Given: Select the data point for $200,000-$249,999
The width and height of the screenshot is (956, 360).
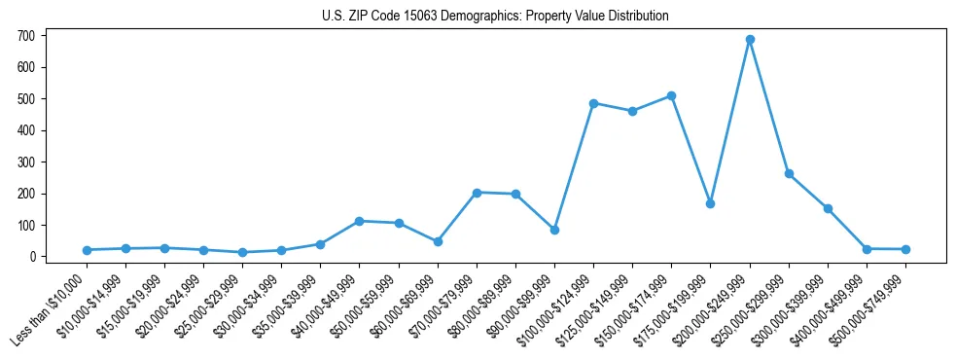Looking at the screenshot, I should (x=750, y=40).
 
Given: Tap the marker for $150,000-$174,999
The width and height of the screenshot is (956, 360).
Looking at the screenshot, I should (x=672, y=96).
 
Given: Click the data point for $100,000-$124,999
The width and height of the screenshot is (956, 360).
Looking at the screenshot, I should (x=593, y=103).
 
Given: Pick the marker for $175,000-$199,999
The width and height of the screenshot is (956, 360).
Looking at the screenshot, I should (x=711, y=203).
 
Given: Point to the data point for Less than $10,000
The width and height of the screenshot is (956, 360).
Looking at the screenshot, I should (x=87, y=250).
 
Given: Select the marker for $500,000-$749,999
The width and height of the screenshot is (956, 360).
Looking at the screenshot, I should (x=905, y=249).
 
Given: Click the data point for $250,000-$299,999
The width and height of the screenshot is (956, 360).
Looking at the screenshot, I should (x=789, y=174).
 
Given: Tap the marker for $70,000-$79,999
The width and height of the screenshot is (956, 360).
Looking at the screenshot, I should (x=477, y=193).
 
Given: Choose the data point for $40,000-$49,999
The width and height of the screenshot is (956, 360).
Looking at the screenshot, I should (x=360, y=221).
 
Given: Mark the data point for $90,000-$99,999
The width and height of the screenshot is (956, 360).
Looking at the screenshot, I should (x=554, y=230).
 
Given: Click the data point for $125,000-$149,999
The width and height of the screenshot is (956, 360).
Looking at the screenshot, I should (x=632, y=111).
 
